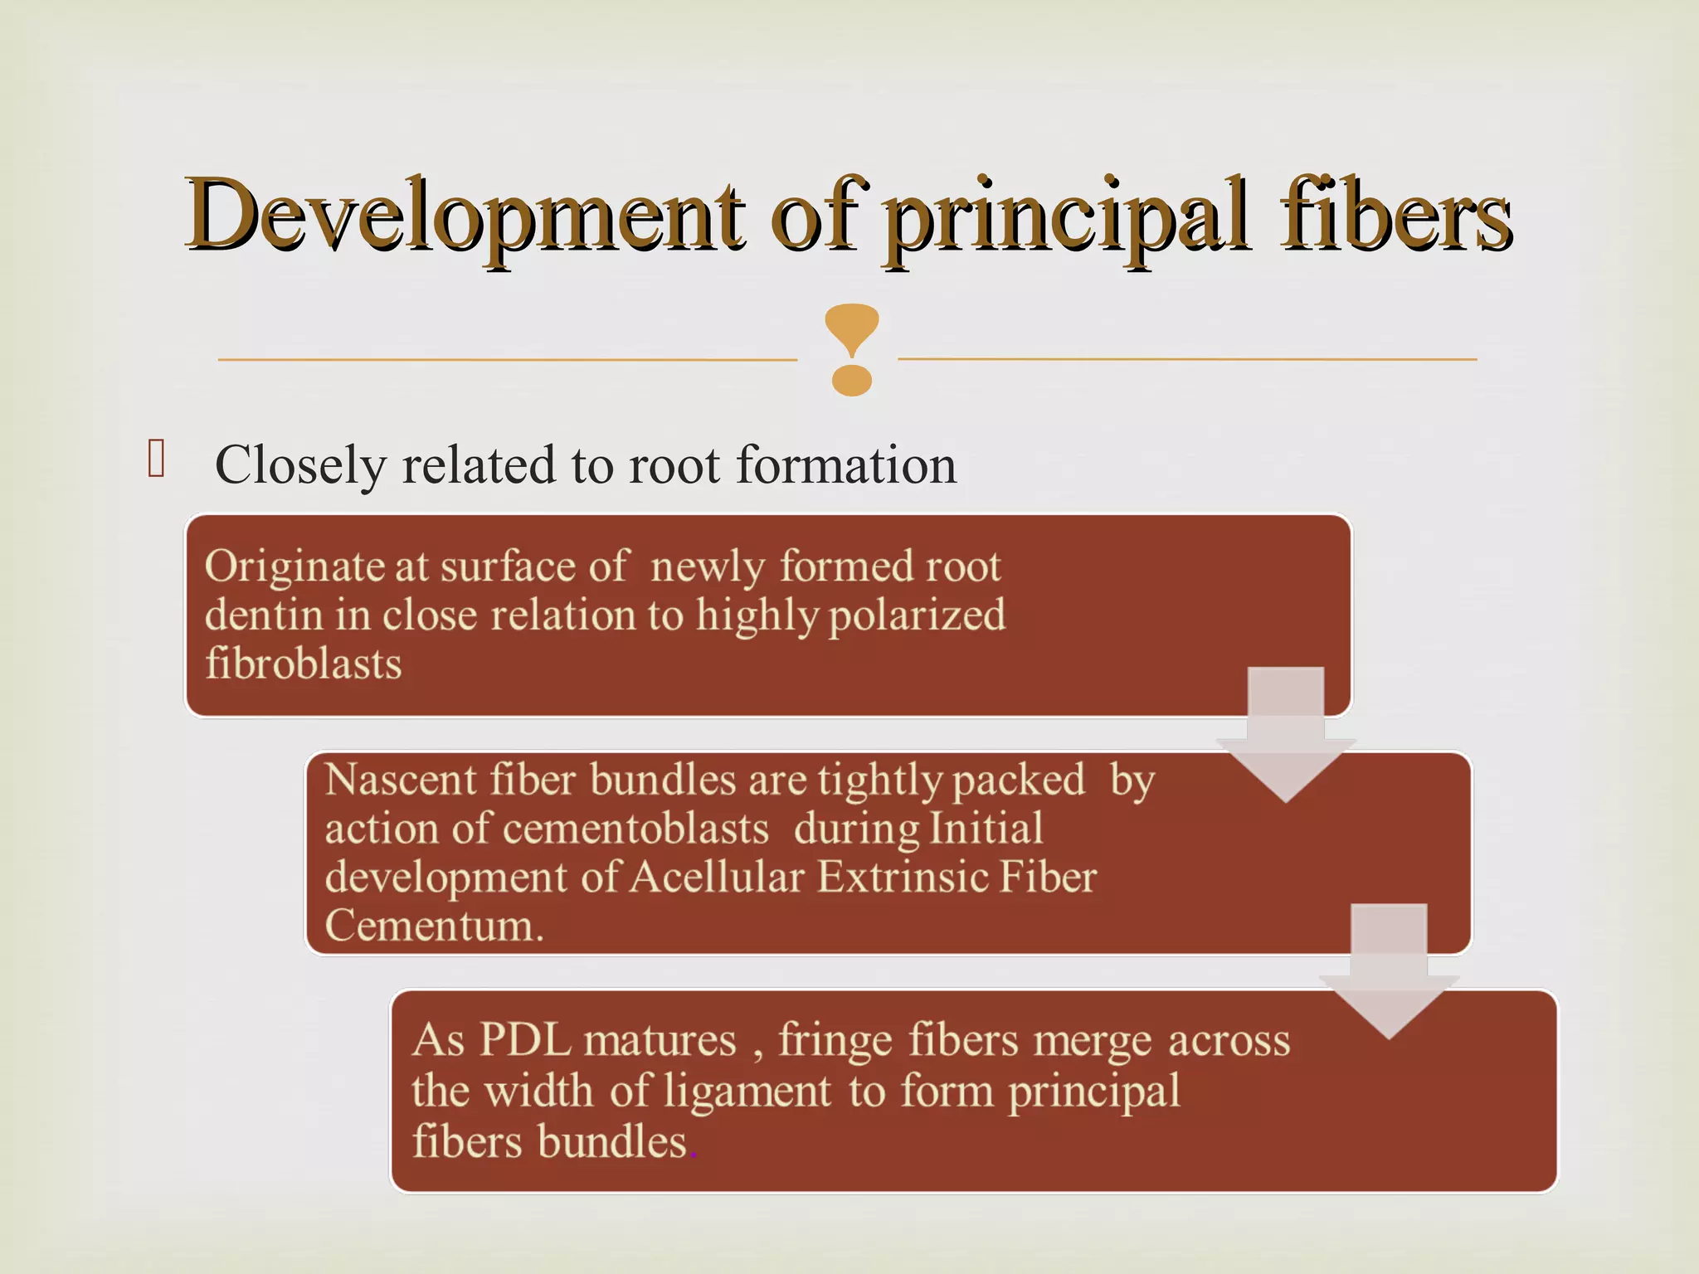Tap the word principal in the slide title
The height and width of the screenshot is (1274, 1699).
(1067, 217)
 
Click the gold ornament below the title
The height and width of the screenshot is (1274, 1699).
(851, 349)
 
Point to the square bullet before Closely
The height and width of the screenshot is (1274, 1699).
(156, 459)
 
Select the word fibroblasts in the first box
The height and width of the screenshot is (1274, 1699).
(304, 664)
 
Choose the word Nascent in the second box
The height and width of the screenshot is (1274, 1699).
(401, 780)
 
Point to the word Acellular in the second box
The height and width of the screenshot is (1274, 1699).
(718, 878)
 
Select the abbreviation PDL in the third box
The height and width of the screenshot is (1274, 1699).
(524, 1040)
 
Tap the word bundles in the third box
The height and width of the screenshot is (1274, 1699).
(613, 1141)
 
